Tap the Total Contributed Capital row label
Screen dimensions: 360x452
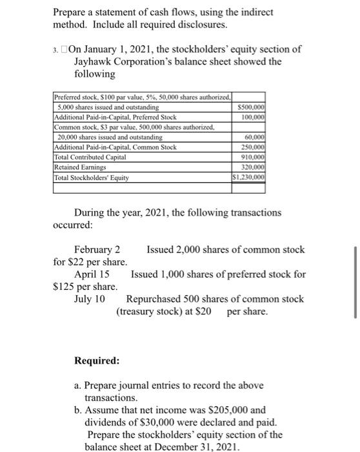90,158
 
